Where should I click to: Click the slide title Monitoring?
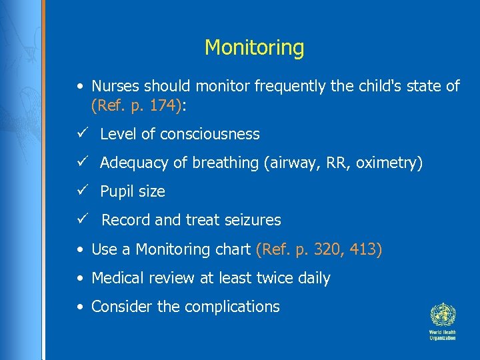pyautogui.click(x=254, y=48)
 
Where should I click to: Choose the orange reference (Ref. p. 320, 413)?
pyautogui.click(x=319, y=249)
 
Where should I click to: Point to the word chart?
pyautogui.click(x=233, y=249)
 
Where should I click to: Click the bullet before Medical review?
pyautogui.click(x=79, y=278)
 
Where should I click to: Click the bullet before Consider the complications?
pyautogui.click(x=79, y=307)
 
